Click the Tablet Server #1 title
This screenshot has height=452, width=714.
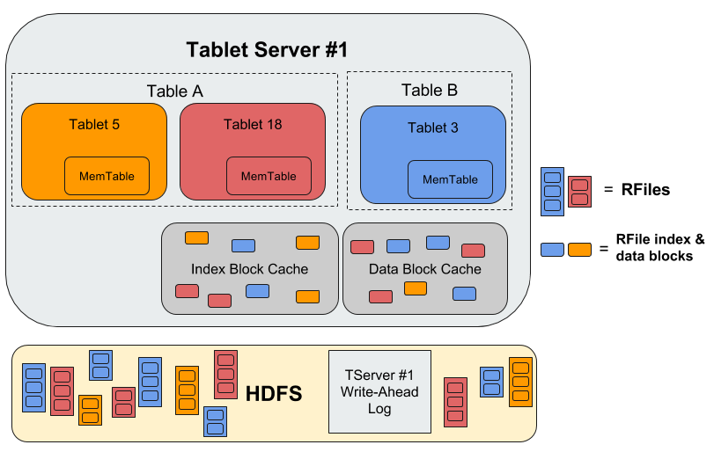(x=267, y=49)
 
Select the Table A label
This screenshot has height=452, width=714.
(x=174, y=91)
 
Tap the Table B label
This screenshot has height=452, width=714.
(x=430, y=90)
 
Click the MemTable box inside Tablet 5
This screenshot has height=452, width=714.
(x=107, y=176)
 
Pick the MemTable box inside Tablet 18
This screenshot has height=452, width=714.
(x=269, y=176)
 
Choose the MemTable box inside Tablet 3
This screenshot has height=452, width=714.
(x=450, y=179)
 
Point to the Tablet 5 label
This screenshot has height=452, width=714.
(x=94, y=124)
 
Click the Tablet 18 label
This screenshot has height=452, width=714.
(x=253, y=124)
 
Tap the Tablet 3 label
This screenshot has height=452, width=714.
(x=432, y=128)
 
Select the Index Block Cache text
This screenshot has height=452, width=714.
(x=249, y=268)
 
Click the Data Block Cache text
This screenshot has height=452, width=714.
(x=424, y=269)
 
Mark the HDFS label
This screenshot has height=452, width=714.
(x=272, y=394)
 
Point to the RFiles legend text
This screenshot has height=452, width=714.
(x=646, y=189)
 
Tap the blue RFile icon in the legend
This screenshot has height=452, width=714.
(x=552, y=191)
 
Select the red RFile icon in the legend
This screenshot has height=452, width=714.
(x=578, y=191)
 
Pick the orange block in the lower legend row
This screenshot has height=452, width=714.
(x=579, y=249)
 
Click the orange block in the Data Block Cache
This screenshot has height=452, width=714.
(x=415, y=288)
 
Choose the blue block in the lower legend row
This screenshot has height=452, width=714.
(x=553, y=249)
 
